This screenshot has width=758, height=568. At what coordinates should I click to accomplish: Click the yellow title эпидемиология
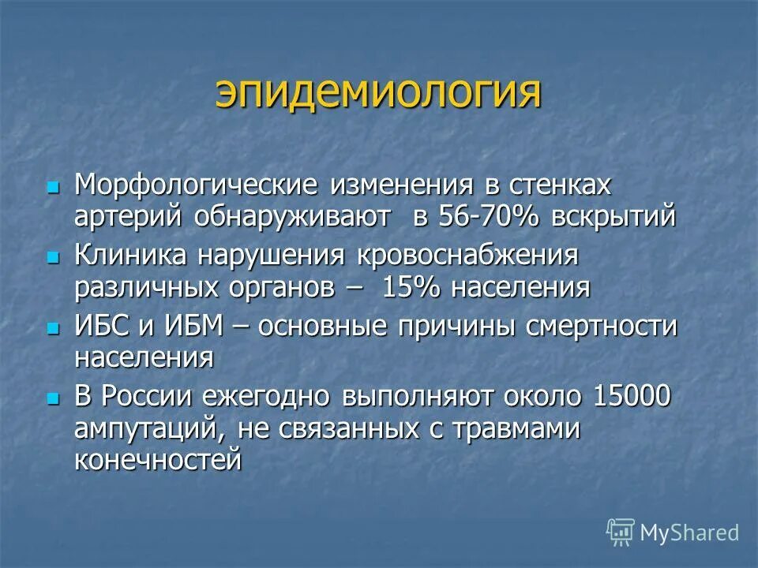point(378,94)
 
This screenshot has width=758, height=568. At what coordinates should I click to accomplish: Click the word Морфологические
point(196,186)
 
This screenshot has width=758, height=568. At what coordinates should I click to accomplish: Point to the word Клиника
point(130,256)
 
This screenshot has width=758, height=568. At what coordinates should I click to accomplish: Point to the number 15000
point(629,396)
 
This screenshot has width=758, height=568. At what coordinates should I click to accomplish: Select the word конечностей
point(157,459)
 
